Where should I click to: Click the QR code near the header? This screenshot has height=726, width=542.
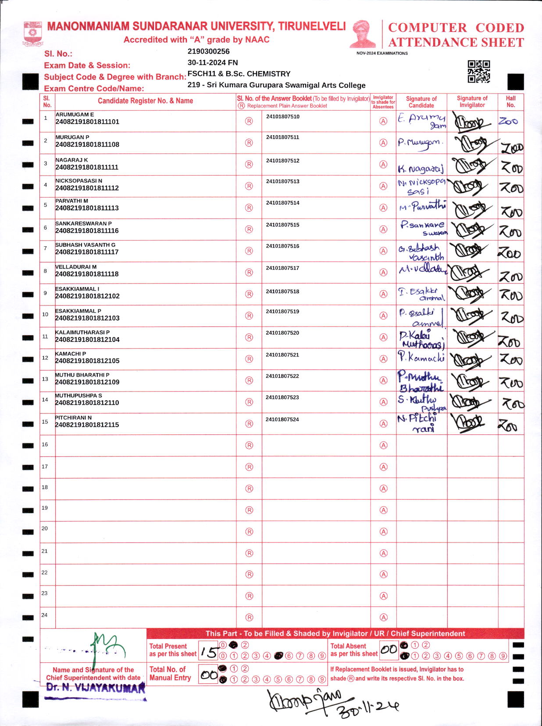[x=478, y=72]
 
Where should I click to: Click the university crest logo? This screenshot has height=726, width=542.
[x=32, y=34]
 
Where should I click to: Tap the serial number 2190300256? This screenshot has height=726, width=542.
[x=208, y=51]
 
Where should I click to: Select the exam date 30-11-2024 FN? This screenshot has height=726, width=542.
[x=213, y=62]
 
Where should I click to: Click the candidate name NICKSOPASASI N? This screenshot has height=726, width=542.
[x=79, y=181]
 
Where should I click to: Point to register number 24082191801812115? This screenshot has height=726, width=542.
[x=87, y=425]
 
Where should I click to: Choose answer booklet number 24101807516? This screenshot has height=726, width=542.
[x=282, y=246]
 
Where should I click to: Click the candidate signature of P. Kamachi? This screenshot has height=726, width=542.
[x=421, y=357]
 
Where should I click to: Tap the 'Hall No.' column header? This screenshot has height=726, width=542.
[x=510, y=101]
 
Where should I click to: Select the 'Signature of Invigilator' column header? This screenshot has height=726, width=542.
[x=472, y=101]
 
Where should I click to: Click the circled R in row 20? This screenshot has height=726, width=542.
[x=249, y=532]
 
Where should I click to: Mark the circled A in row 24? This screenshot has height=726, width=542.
[x=383, y=617]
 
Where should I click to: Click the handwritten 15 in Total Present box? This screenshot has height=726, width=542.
[x=209, y=651]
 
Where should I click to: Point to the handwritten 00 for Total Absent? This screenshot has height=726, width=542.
[x=389, y=650]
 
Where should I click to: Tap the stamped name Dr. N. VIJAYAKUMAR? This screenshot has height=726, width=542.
[x=96, y=688]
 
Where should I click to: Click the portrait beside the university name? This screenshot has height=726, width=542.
[x=363, y=34]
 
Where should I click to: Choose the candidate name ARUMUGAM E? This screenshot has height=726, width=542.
[x=75, y=115]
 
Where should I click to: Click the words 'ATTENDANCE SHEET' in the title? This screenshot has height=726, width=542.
[x=456, y=43]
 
